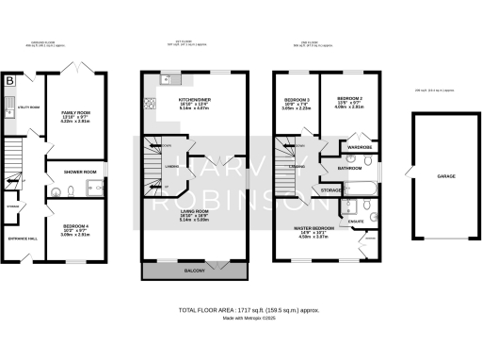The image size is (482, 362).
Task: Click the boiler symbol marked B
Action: click(x=10, y=82)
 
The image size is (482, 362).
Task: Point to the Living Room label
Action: click(x=195, y=211)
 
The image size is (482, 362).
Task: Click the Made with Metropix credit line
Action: click(x=241, y=318)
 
